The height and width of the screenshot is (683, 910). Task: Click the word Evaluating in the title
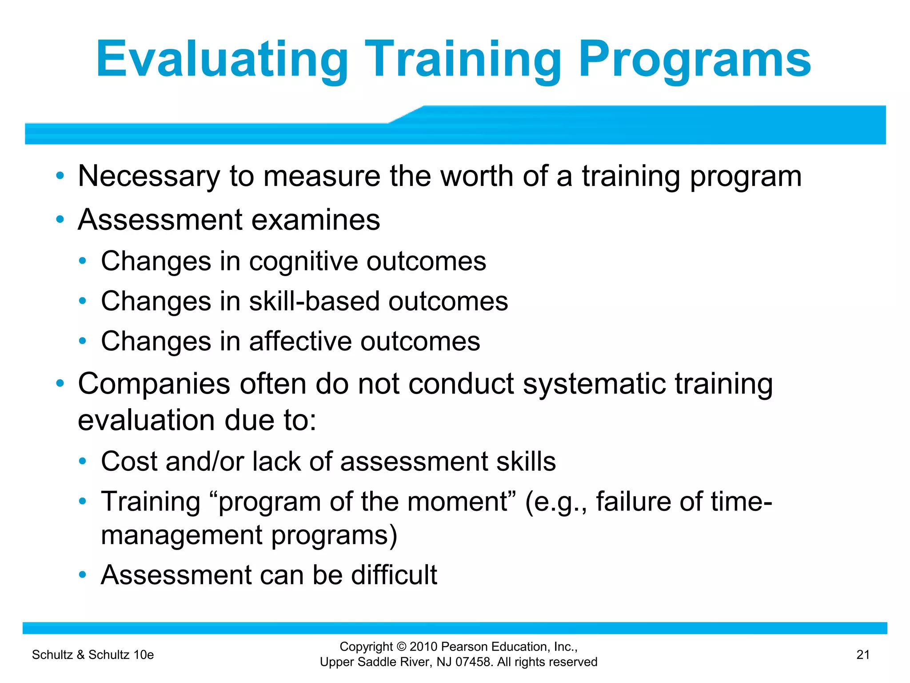(222, 60)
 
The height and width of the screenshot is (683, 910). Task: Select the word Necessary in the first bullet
(149, 177)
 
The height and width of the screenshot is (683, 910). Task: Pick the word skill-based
(314, 301)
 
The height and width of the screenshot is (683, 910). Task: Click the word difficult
(394, 575)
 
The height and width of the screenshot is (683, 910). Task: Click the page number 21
(862, 655)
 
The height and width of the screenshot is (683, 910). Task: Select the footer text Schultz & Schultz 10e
(93, 655)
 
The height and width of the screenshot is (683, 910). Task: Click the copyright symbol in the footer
(402, 647)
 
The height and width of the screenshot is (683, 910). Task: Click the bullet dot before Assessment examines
(60, 220)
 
